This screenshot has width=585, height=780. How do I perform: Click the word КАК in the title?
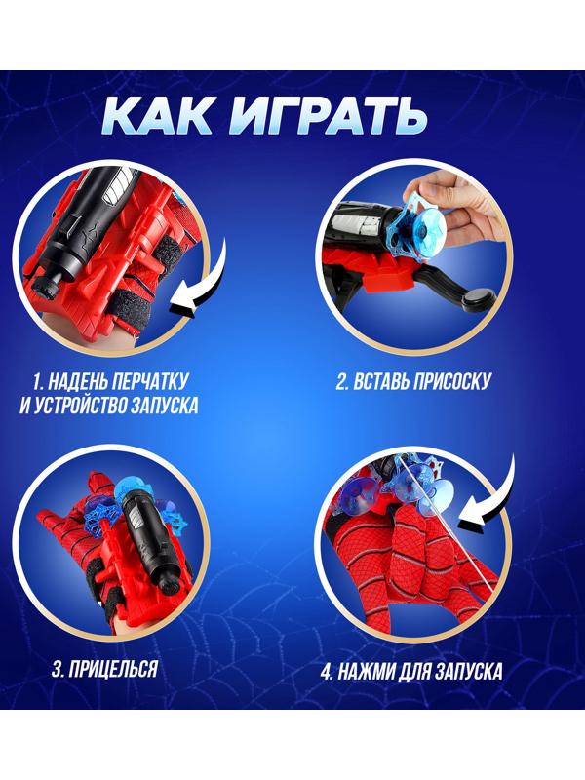point(156,116)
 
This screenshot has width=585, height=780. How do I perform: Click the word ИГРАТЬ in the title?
point(328,116)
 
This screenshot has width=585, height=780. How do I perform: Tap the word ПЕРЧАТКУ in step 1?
point(152,381)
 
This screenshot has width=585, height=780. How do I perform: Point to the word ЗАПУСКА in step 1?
point(165,405)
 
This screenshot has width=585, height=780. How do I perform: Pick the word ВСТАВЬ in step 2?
point(379,382)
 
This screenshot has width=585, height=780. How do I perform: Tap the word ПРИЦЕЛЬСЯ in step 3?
point(112,669)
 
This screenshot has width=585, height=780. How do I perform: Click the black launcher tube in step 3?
point(144,536)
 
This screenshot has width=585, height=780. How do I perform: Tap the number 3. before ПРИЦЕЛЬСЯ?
point(58,669)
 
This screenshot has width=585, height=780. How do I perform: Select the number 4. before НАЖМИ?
point(327,673)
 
